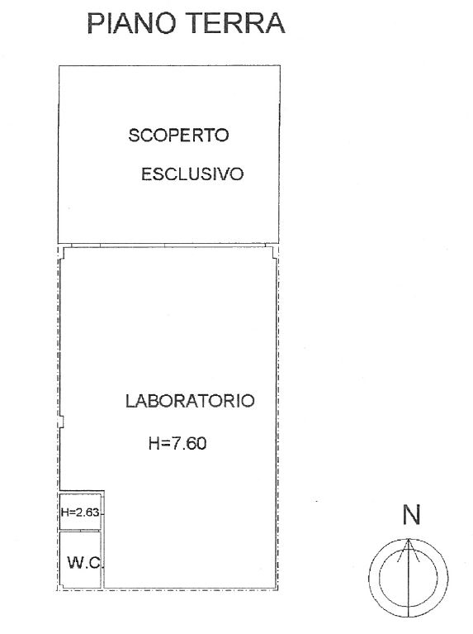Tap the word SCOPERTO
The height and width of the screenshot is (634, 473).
tap(178, 135)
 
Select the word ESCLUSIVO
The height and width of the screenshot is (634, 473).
tap(192, 174)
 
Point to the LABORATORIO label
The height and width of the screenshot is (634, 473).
tap(190, 401)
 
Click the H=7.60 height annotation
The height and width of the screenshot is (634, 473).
tap(177, 443)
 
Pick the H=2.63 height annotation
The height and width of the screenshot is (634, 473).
tap(80, 512)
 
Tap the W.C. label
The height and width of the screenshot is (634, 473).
tap(85, 562)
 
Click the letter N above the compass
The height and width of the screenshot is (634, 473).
tap(412, 515)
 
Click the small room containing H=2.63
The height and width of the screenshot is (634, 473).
tap(80, 512)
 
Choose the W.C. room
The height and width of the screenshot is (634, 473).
tap(80, 560)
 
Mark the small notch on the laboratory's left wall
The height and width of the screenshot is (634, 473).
tap(61, 422)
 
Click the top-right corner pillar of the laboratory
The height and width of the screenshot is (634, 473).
tap(274, 252)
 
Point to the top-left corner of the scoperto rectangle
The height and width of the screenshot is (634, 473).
tap(59, 66)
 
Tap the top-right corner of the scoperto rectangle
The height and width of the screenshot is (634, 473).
tap(280, 65)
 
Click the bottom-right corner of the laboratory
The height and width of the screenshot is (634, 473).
tap(277, 589)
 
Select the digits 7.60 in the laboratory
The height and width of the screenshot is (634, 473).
tap(189, 443)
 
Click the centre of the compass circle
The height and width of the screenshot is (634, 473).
tap(409, 578)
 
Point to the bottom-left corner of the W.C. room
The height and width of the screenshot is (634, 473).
tap(59, 588)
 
